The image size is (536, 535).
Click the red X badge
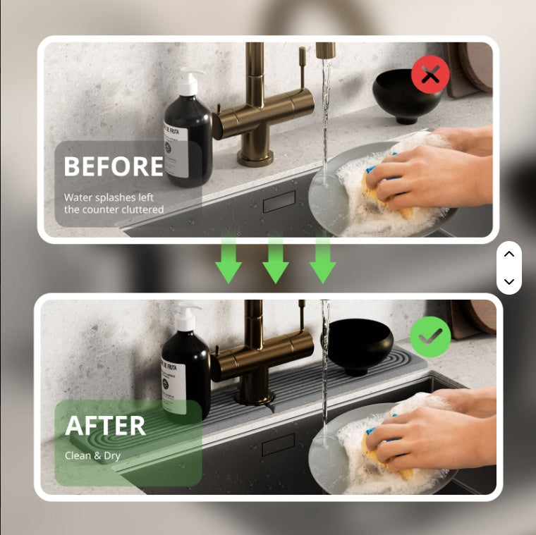tap(430, 74)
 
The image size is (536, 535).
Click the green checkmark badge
tap(430, 337)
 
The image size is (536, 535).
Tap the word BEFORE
tap(114, 166)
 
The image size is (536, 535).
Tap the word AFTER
tap(105, 426)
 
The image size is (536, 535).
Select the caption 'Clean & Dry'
tap(92, 456)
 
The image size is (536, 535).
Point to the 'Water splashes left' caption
tap(109, 197)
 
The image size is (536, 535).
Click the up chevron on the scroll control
tap(509, 254)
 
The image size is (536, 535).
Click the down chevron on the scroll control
tap(509, 282)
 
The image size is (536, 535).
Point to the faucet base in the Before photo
tap(255, 156)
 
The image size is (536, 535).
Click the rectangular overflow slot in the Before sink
tap(279, 202)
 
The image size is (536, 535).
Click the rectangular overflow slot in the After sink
tap(279, 444)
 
